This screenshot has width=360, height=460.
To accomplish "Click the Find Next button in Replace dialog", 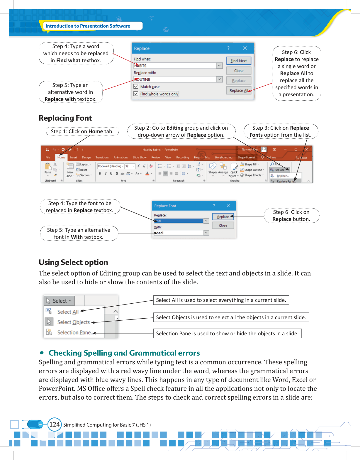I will click(x=239, y=61).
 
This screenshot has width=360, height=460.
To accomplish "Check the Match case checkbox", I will click(x=136, y=87).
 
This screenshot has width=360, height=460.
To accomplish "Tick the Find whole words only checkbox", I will click(x=136, y=94).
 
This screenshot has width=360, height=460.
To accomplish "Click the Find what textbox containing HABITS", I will click(x=175, y=66).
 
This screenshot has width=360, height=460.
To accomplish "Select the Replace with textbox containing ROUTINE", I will click(x=175, y=80).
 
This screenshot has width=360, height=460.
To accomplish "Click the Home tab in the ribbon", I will click(x=61, y=158).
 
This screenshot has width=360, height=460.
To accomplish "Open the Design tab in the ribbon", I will click(x=86, y=158).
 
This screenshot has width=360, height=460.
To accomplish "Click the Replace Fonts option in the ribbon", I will click(x=286, y=181).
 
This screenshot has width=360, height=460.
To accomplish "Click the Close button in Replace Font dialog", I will click(x=223, y=225).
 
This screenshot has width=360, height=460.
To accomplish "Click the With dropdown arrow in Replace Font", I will click(x=206, y=233).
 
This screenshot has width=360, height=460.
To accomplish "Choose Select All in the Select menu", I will click(x=68, y=312).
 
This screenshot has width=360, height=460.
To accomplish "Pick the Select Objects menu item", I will click(x=73, y=322).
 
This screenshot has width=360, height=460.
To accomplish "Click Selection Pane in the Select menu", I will click(x=74, y=332).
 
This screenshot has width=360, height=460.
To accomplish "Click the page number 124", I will click(x=55, y=425).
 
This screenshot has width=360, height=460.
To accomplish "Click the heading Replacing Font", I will click(x=65, y=118).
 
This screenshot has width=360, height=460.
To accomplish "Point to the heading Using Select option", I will click(x=73, y=262).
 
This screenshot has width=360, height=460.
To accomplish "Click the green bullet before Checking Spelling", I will click(x=42, y=353).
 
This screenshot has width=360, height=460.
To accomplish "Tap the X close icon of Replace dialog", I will click(x=245, y=48).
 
